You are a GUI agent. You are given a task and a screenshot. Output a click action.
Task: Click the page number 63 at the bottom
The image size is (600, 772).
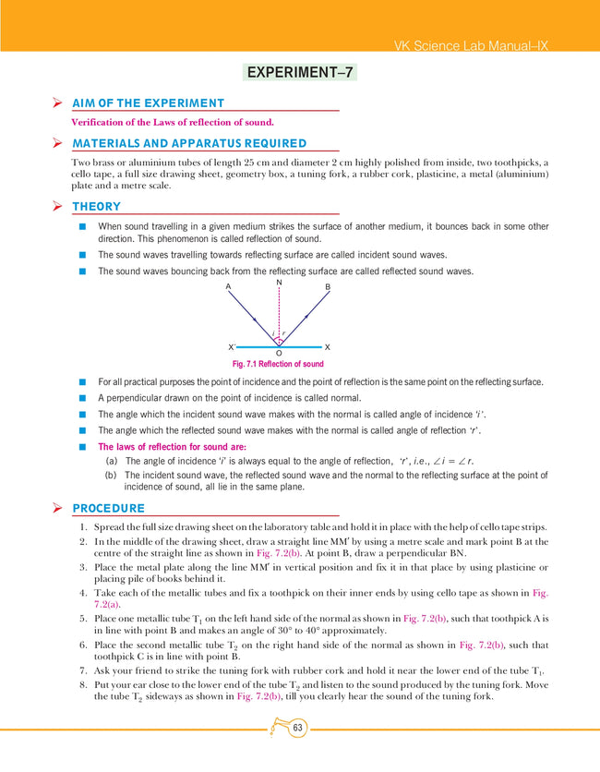(x=297, y=730)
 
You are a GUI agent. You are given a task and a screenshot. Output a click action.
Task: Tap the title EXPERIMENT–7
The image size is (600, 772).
(x=300, y=72)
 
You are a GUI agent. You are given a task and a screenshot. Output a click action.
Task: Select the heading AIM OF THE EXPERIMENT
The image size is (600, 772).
(x=148, y=103)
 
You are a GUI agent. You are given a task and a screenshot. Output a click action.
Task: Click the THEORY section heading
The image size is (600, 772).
(x=96, y=206)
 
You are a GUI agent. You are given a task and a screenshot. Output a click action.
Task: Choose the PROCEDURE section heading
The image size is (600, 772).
(x=108, y=508)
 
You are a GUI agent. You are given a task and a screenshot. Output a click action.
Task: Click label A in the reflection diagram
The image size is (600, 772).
(x=228, y=287)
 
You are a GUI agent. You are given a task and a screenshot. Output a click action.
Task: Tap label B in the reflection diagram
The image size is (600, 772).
(x=328, y=287)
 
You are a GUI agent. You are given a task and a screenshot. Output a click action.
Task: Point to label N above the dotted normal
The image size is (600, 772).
(x=278, y=283)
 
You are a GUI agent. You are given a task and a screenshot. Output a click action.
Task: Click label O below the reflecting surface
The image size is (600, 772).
(x=278, y=354)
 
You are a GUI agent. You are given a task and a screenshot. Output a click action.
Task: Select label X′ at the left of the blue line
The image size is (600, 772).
(x=232, y=346)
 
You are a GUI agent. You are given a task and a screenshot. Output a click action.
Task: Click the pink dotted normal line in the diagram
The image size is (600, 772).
(x=278, y=309)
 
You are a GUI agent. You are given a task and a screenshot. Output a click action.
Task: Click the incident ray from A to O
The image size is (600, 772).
(x=251, y=315)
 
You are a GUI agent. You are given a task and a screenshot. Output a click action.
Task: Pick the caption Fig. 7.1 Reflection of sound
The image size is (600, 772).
(x=278, y=364)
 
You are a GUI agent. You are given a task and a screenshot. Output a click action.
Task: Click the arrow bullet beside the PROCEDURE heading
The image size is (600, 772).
(x=57, y=508)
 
